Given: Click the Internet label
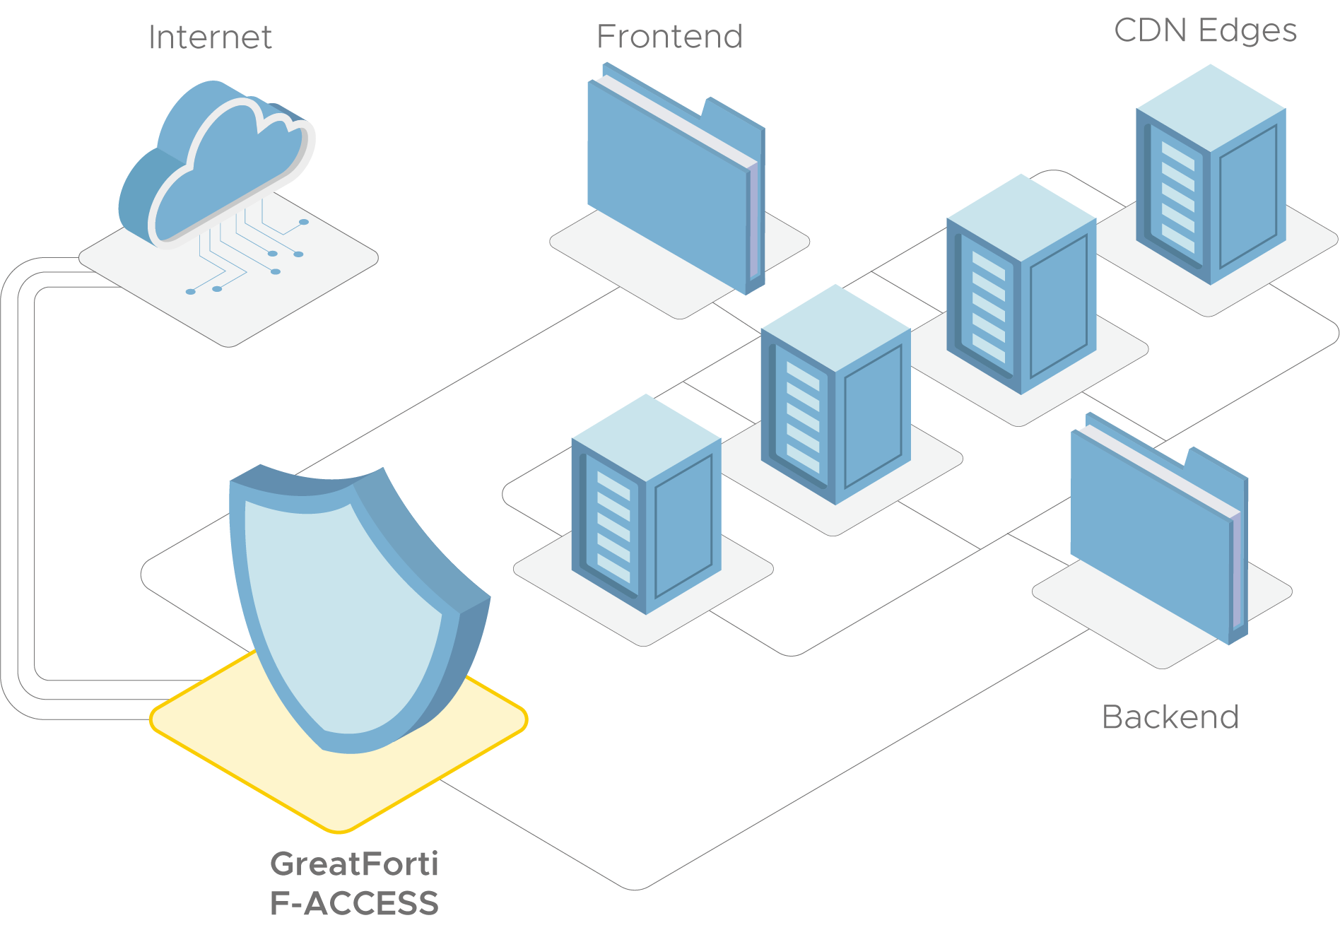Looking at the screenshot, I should pyautogui.click(x=210, y=37).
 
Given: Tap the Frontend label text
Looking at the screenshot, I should pyautogui.click(x=669, y=37).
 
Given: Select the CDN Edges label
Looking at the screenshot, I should pyautogui.click(x=1205, y=30).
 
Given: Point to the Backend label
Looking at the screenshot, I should pyautogui.click(x=1170, y=717).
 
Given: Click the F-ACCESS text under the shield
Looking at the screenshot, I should pyautogui.click(x=353, y=904).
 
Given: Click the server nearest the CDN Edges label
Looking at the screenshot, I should pyautogui.click(x=1211, y=177).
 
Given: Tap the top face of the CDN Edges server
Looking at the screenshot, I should pyautogui.click(x=1211, y=106).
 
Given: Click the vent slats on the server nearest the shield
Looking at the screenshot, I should pyautogui.click(x=613, y=526).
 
